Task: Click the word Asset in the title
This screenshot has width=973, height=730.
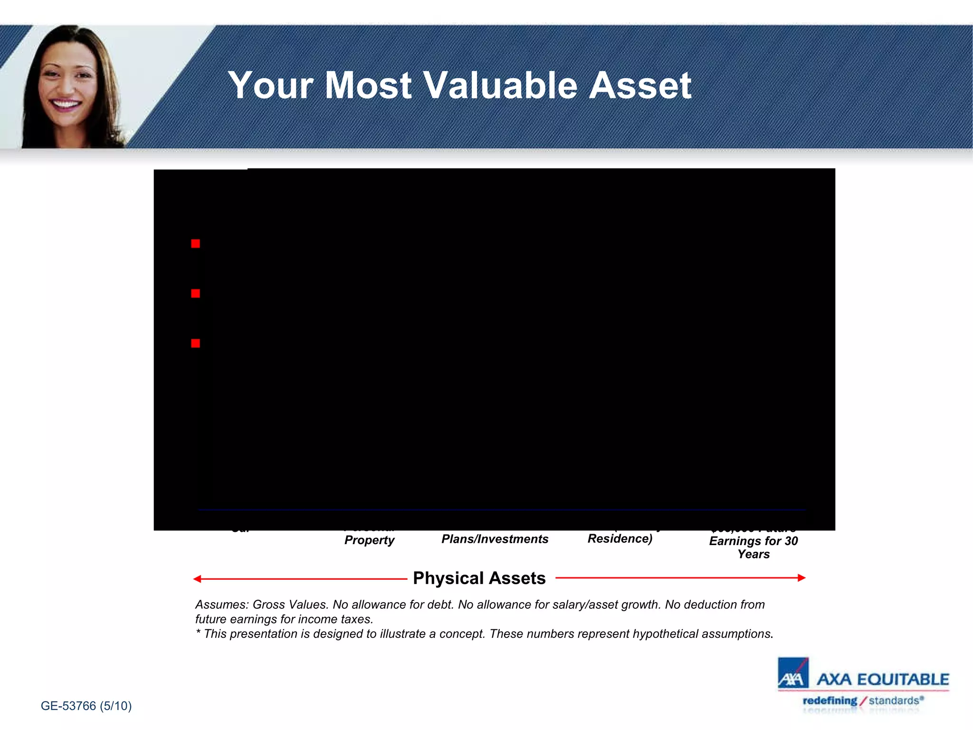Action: tap(640, 86)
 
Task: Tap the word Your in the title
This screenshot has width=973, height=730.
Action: tap(270, 86)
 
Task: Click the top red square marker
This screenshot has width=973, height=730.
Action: tap(195, 244)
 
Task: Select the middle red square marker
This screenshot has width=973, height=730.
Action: tap(195, 294)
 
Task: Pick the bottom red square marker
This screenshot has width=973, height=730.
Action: tap(195, 344)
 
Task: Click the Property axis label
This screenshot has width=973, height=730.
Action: tap(369, 540)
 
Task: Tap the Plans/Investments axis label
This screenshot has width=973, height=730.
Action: tap(495, 539)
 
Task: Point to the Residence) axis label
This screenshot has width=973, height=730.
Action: tap(620, 538)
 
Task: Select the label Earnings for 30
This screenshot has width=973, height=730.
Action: tap(753, 541)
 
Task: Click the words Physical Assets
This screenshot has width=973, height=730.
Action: tap(479, 578)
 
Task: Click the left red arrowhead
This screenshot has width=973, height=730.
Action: tap(197, 579)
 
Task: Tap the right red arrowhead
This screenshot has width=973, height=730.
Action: tap(801, 578)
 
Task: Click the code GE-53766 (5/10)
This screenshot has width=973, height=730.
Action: tap(86, 706)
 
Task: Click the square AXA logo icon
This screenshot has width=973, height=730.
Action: tap(792, 673)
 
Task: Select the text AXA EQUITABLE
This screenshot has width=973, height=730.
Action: tap(883, 680)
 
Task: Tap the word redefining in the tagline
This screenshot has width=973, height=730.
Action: tap(830, 701)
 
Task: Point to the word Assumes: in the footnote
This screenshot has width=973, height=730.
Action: tap(222, 605)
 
